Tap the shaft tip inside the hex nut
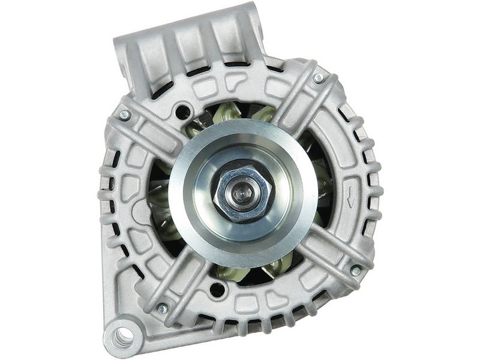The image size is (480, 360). click(244, 192)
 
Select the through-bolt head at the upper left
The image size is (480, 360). click(125, 115)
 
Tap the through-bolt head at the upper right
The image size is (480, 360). click(318, 77)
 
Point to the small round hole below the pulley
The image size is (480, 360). click(217, 290)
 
